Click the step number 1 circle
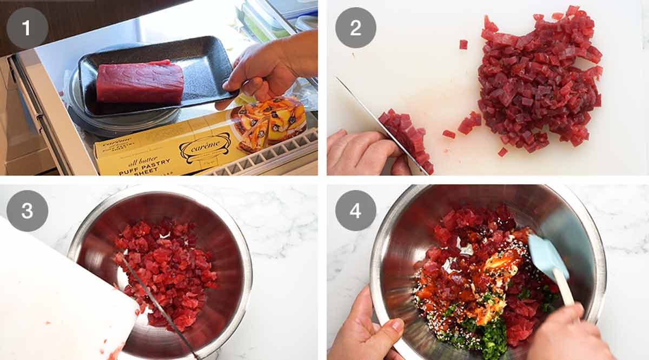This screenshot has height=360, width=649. coord(27,28)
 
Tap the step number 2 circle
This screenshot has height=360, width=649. coord(355,28)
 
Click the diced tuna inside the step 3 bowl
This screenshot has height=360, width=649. coord(168,270)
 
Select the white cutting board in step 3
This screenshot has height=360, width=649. coord(59,303)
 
